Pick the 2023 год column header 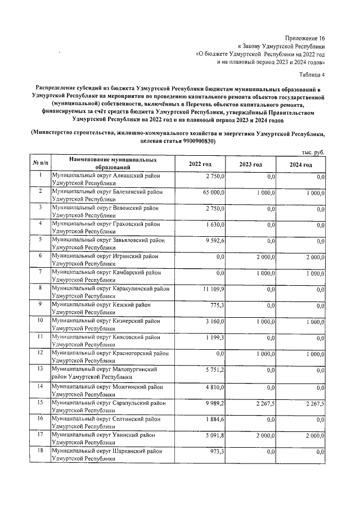250,164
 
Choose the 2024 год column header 300,164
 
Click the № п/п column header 40,164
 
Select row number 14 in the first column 40,386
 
